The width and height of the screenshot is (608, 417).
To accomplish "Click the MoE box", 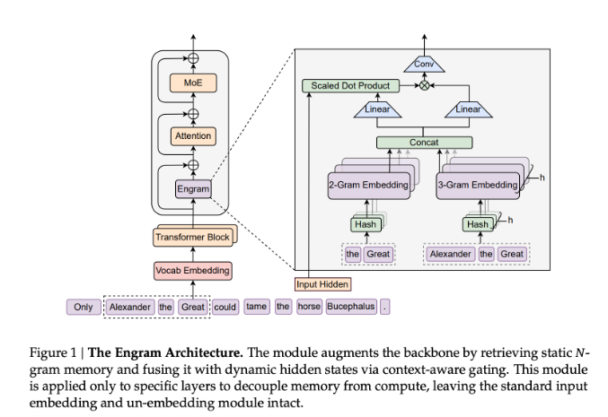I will point(193,83).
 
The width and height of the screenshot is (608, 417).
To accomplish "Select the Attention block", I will point(193,136).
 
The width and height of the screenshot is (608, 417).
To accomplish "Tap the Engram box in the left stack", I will point(193,189).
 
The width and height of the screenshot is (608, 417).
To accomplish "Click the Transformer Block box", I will point(193,237).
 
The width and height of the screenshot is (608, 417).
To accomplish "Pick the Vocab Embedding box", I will point(193,270).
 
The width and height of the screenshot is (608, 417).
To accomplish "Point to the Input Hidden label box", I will point(322,284).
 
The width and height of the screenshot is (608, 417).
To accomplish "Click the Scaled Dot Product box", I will point(350,86).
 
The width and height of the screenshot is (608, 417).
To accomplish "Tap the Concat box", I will point(423,143).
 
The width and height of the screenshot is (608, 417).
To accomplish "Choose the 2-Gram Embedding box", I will point(367,185).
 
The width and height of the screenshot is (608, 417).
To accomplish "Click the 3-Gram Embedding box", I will point(477,185).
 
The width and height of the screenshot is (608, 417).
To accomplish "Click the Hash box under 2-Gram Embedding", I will point(365,224).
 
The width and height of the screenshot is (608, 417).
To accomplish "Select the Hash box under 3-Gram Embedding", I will point(478,224).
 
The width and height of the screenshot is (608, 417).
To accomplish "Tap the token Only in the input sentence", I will point(83,307).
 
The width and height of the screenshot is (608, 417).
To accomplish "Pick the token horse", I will point(309,307).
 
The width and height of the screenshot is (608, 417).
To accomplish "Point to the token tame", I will point(257,307).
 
